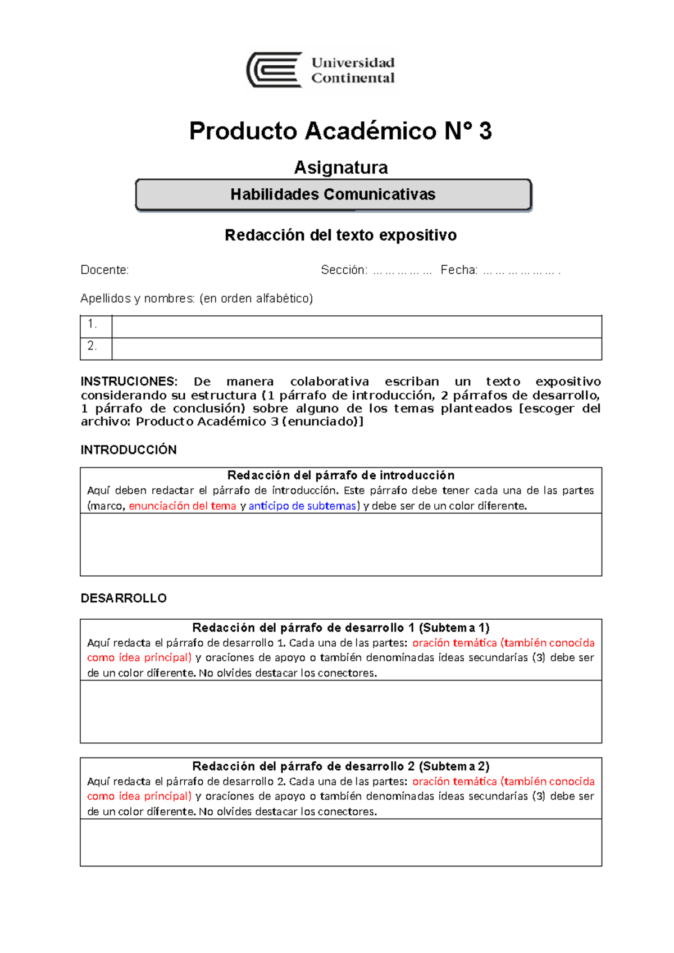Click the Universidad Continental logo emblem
click(275, 70)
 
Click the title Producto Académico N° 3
click(340, 131)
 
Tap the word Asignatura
click(340, 167)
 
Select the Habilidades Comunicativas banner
click(333, 194)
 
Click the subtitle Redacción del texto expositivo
click(340, 235)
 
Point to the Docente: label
click(104, 270)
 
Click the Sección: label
click(344, 270)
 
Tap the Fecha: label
click(459, 270)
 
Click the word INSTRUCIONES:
click(129, 382)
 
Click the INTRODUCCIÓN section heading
click(129, 450)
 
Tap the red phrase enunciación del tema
click(183, 506)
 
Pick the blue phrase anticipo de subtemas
click(302, 506)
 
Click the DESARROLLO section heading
click(124, 598)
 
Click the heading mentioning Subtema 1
click(340, 628)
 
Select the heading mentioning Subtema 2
click(340, 766)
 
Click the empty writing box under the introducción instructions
click(340, 544)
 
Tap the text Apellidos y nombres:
click(138, 298)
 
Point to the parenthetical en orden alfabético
click(256, 298)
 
